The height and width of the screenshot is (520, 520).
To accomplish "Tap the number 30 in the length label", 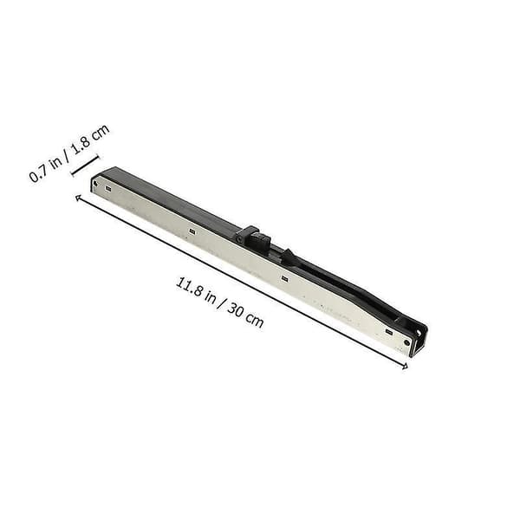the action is (236, 311).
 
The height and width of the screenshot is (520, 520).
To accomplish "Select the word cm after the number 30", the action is (255, 321).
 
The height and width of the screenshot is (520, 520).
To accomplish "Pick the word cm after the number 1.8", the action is (100, 133).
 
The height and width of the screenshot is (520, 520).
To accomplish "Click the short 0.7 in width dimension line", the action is (86, 166).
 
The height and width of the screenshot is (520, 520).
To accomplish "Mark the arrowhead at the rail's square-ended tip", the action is (78, 198).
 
